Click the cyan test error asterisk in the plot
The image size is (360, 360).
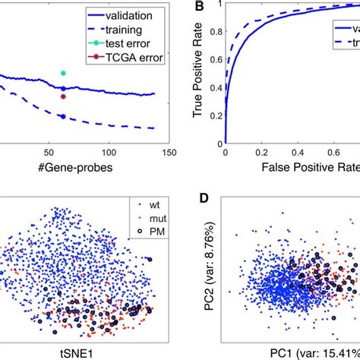click(x=63, y=74)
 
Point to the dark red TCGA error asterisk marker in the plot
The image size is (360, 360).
click(x=63, y=96)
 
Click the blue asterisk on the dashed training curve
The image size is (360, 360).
click(x=63, y=116)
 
